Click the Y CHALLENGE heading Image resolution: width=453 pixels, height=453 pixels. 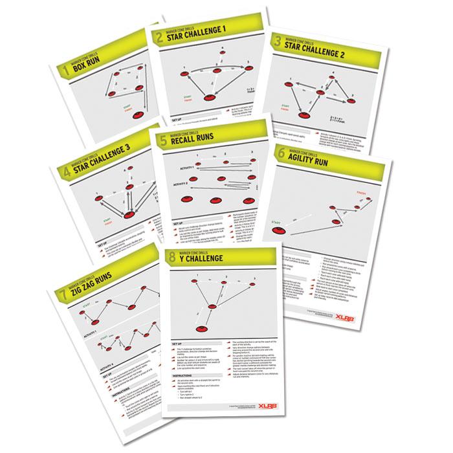click(207, 260)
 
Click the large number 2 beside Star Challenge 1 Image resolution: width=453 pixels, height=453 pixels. click(157, 38)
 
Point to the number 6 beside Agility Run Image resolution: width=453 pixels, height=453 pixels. click(281, 152)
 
